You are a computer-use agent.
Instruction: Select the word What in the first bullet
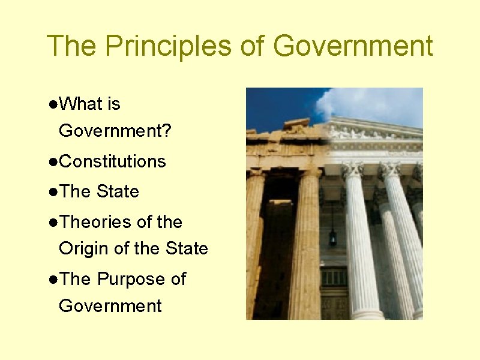[x=82, y=104]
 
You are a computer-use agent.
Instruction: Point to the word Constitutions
[x=113, y=161]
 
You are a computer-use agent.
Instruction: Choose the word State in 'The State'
[x=118, y=192]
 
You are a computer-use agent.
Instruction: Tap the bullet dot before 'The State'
[x=53, y=193]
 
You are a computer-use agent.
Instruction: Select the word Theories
[x=96, y=222]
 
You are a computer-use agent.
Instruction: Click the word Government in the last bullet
[x=110, y=306]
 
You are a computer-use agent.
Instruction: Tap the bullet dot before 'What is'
[x=53, y=104]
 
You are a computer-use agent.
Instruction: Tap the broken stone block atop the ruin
[x=296, y=125]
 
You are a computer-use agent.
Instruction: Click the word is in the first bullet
[x=114, y=104]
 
